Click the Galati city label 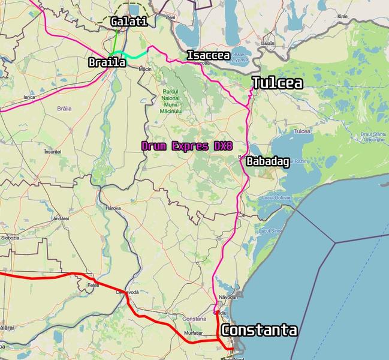pos(128,22)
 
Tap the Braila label pos(107,62)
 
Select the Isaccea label pos(208,55)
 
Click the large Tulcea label pos(277,83)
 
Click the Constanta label pos(259,330)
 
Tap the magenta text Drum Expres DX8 pos(187,146)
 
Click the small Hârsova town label pos(113,208)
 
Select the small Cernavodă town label pos(127,292)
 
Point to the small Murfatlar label pos(194,332)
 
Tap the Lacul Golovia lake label pos(275,199)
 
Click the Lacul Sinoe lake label pos(269,230)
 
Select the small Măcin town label pos(144,69)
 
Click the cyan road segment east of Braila pos(135,56)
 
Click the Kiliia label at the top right pos(342,34)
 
